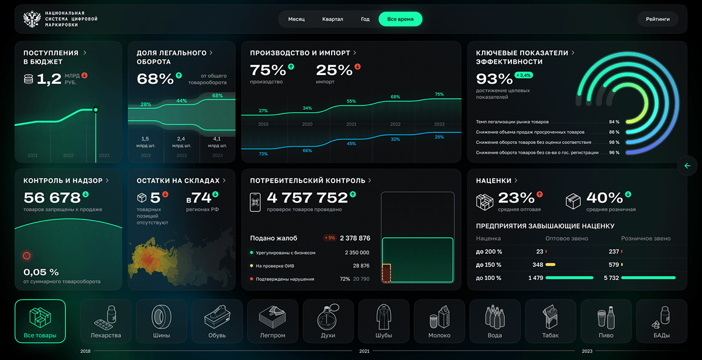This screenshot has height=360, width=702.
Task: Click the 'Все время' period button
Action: tap(400, 19)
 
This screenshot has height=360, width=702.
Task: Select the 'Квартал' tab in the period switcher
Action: tap(332, 19)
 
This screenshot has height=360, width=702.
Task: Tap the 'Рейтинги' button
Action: tap(658, 19)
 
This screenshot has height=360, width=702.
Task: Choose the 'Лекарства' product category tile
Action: tap(106, 322)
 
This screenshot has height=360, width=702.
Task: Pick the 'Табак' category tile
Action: tap(550, 322)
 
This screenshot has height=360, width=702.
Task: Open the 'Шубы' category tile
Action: tap(384, 322)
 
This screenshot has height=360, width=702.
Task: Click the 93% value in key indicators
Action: tap(494, 78)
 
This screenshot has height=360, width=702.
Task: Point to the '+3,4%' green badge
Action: tap(524, 75)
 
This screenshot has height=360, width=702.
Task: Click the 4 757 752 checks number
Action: tap(307, 198)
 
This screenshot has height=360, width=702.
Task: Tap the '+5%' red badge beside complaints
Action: tap(329, 238)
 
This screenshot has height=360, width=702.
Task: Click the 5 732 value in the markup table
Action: tap(611, 278)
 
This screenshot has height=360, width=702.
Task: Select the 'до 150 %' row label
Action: tap(488, 265)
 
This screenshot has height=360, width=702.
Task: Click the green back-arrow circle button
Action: tap(687, 166)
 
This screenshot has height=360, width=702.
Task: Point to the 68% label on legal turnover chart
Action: tap(218, 95)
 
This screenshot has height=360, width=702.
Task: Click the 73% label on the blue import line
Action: tap(263, 154)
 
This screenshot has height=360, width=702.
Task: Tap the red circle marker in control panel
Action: tap(26, 256)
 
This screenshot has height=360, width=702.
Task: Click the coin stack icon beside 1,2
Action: tap(28, 79)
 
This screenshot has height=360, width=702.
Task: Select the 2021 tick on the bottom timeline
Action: tap(364, 351)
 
